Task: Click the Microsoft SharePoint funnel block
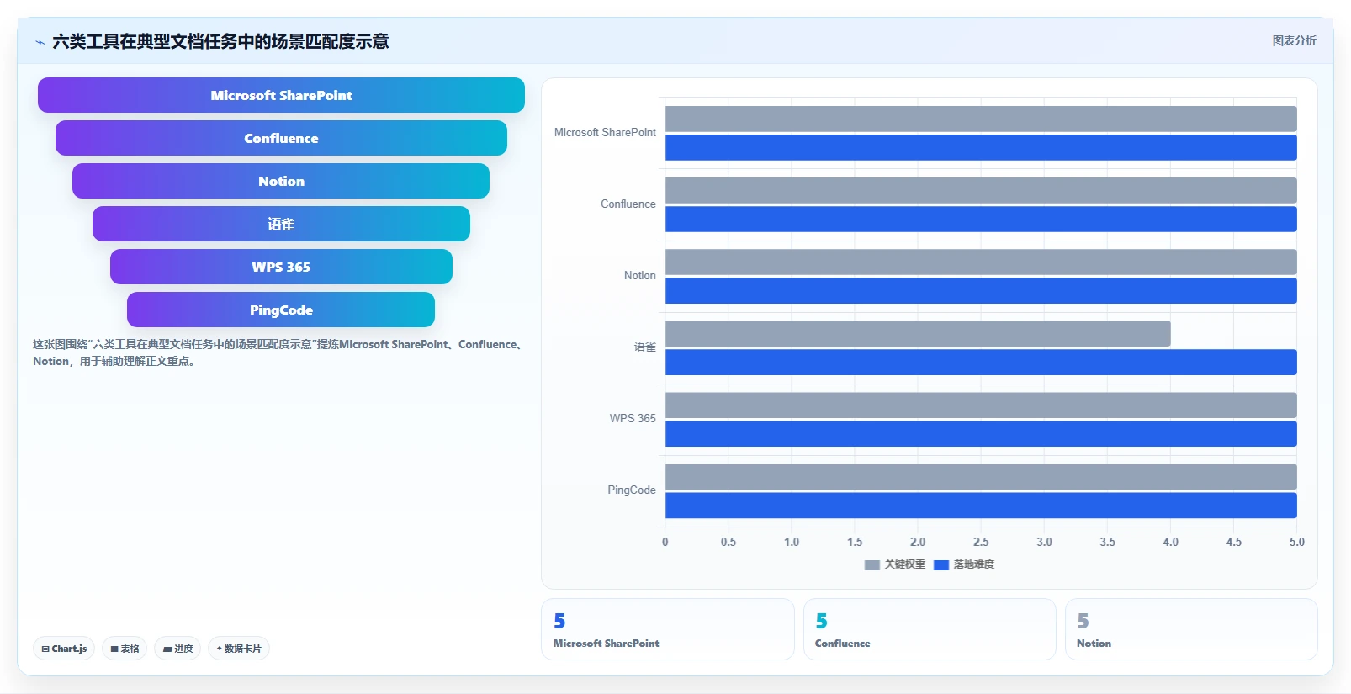coord(281,95)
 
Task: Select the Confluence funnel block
coord(281,138)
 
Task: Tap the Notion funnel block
coord(281,181)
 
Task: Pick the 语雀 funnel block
coord(281,224)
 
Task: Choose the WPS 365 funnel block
coord(281,267)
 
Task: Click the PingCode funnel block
coord(281,310)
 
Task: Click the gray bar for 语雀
coord(918,333)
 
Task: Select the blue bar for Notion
coord(982,290)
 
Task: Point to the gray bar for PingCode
coord(982,477)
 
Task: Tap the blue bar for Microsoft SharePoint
coord(982,148)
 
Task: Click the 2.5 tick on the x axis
coord(982,542)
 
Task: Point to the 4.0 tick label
coord(1171,542)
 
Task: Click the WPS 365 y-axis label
coord(632,418)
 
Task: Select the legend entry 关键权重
coord(895,564)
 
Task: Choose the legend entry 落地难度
coord(964,564)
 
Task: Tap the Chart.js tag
coord(64,649)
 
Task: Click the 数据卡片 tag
coord(239,649)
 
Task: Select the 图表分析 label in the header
coord(1295,41)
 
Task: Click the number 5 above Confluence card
coord(822,621)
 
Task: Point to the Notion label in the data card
coord(1094,644)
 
